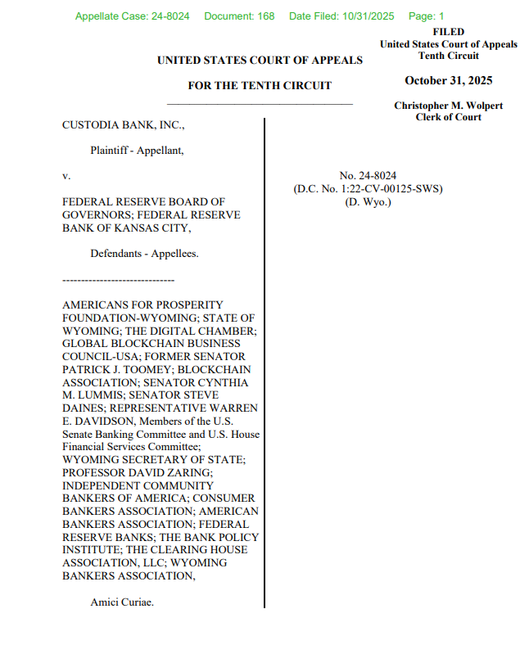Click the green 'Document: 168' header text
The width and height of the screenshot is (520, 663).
[x=239, y=16]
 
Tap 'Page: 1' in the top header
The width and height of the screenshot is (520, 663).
[x=426, y=16]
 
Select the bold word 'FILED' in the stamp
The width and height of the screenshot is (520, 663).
[x=448, y=32]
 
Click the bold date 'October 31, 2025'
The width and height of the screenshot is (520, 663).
[x=448, y=79]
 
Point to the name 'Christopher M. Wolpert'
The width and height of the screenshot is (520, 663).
[x=448, y=106]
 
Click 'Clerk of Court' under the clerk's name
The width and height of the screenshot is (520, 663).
[x=448, y=117]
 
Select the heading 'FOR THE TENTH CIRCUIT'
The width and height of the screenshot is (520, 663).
[x=260, y=85]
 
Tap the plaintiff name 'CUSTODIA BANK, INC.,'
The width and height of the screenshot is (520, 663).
[x=124, y=125]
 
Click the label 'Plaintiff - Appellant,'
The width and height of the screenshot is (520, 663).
[x=137, y=150]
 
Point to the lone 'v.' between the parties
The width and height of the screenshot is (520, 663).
[x=67, y=175]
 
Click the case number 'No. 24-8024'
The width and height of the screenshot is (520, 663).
[x=368, y=175]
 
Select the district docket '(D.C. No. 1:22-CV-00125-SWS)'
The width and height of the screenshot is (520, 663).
[x=368, y=188]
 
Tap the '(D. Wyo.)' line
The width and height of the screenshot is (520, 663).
[x=368, y=201]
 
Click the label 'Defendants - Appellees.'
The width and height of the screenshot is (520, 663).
[x=144, y=254]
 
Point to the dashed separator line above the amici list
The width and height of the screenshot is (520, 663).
[x=112, y=279]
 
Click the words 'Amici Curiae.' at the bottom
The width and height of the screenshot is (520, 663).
[x=122, y=602]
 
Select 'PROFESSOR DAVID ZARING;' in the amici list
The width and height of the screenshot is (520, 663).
[x=130, y=473]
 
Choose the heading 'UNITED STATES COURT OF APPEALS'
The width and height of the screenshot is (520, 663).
[x=260, y=60]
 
